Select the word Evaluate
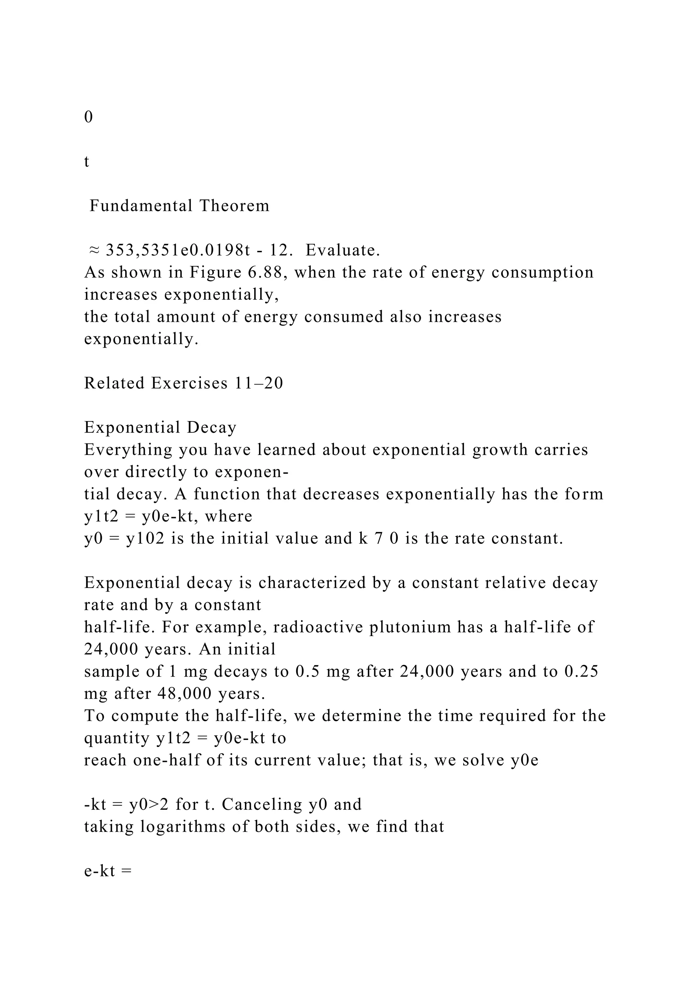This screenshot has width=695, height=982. [342, 250]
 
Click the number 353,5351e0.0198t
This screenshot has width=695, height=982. [177, 250]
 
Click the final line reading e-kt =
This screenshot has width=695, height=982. [108, 871]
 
